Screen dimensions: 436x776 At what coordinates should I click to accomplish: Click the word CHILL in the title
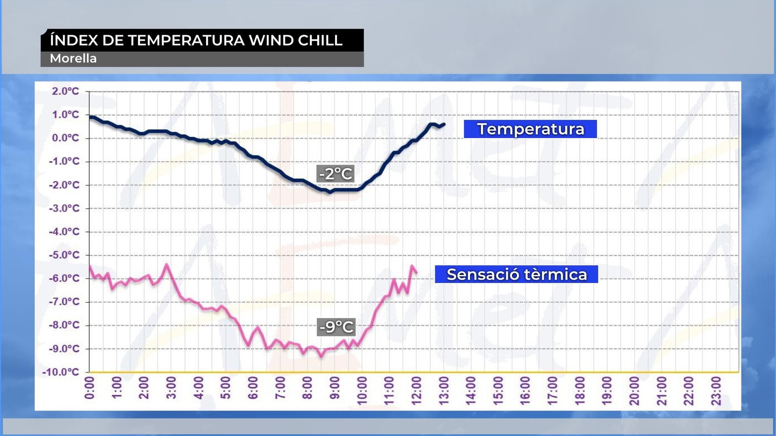click(320, 40)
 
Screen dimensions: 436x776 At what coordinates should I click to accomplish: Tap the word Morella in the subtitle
click(73, 59)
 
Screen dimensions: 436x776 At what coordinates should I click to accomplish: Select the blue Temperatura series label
click(530, 129)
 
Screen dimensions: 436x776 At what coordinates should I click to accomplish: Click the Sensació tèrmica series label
click(517, 274)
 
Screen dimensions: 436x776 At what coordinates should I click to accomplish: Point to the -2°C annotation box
click(335, 173)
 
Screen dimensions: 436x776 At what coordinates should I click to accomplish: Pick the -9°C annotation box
click(336, 327)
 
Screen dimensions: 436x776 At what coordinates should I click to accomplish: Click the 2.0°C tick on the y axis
click(65, 91)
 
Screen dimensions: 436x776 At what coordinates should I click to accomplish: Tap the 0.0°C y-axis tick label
click(65, 138)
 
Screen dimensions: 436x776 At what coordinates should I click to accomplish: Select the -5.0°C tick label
click(64, 255)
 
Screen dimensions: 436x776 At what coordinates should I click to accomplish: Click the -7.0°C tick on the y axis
click(64, 302)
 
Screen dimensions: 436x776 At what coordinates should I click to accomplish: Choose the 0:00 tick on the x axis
click(89, 388)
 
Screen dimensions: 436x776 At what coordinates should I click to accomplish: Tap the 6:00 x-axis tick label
click(253, 388)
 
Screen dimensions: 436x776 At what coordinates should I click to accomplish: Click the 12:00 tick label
click(416, 390)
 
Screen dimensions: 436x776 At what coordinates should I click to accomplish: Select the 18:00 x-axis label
click(580, 390)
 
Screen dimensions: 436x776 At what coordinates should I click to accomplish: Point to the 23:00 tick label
click(716, 390)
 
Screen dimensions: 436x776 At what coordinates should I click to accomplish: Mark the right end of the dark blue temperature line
click(444, 125)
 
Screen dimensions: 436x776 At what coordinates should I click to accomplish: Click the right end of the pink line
click(416, 272)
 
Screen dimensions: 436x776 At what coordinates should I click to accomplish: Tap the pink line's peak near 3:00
click(167, 265)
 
